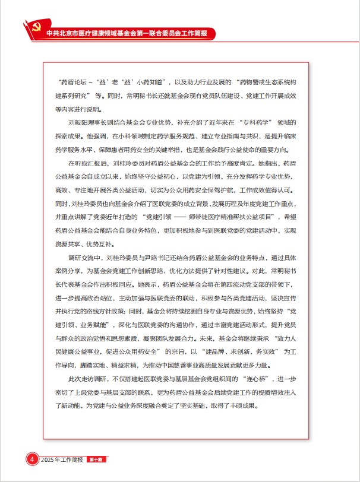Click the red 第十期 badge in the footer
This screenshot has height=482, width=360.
96,460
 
